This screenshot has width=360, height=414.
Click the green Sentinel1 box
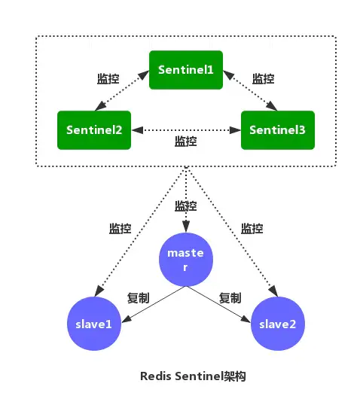tap(186, 68)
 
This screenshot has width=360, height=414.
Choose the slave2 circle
tap(278, 323)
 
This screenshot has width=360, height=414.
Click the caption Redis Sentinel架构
tap(193, 376)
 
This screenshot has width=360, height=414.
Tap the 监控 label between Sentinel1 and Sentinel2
tap(108, 79)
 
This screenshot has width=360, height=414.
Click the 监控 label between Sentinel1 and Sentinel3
tap(263, 79)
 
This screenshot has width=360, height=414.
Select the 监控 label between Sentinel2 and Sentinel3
tap(186, 141)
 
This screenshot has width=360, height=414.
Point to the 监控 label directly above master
tap(186, 205)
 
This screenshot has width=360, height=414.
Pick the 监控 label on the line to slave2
tap(251, 229)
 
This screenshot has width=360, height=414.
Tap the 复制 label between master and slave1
tap(136, 297)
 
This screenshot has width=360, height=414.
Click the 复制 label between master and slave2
tap(230, 297)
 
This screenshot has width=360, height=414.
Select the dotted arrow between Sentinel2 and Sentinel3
tap(186, 129)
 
